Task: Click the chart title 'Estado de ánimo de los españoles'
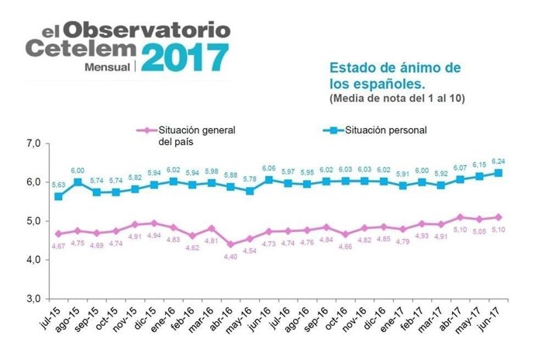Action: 395,76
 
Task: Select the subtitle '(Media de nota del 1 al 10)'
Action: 396,99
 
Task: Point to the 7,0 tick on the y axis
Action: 33,144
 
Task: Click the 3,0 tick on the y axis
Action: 33,298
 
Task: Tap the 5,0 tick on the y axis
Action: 33,221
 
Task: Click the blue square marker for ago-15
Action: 78,182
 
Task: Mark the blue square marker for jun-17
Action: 497,173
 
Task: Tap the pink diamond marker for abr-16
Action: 230,244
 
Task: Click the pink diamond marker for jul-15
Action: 59,234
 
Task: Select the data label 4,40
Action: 230,257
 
